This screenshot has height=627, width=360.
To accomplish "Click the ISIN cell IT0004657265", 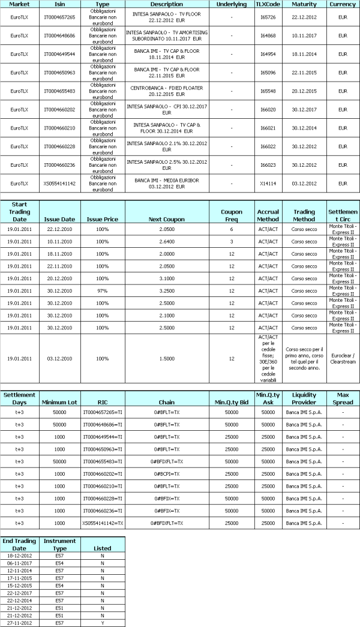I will [x=60, y=17].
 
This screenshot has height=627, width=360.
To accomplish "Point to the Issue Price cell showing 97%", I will [x=103, y=290].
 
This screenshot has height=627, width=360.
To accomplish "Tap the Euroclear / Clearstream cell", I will [x=343, y=359].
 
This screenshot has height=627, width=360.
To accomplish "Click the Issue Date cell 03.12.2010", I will [x=60, y=359].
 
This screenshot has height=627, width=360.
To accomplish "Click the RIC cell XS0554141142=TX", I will [x=103, y=523].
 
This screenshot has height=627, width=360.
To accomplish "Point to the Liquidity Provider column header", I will [x=304, y=398].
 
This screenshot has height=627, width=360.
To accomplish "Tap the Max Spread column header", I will [x=343, y=398].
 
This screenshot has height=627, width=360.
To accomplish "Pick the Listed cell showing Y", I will [x=103, y=623].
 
